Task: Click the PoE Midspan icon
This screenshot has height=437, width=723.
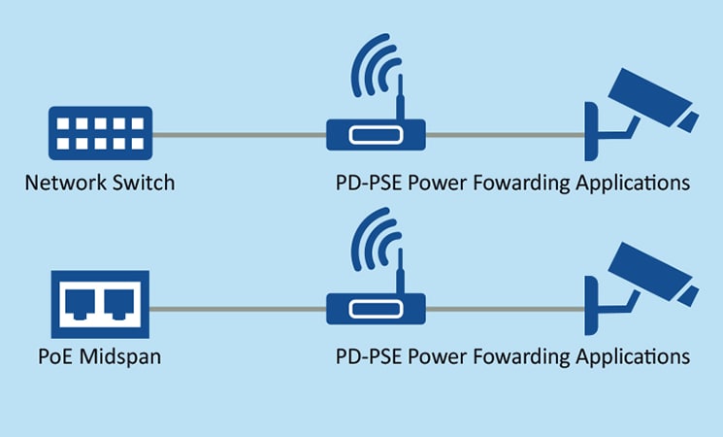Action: [99, 304]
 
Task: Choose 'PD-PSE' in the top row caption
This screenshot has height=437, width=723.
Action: [367, 183]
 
